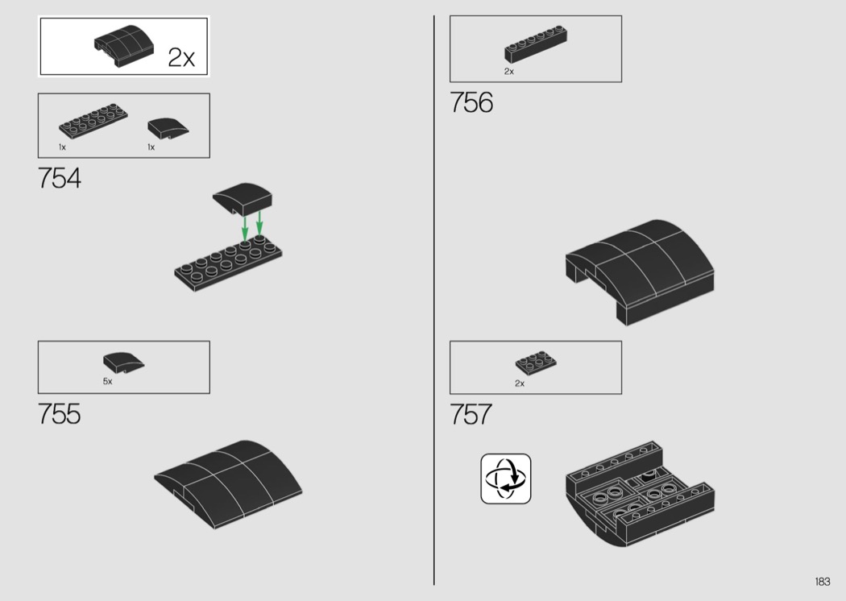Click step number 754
tap(60, 178)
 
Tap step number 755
tap(60, 414)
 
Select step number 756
tap(471, 102)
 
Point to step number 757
tap(471, 414)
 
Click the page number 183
tap(823, 582)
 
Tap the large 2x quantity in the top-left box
tap(181, 57)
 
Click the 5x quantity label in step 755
tap(107, 381)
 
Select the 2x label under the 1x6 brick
tap(508, 71)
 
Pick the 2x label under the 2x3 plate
tap(520, 383)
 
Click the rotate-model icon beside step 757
tap(505, 479)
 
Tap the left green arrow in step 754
tap(244, 228)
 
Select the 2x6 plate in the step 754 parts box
tap(93, 118)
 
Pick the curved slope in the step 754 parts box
tap(168, 128)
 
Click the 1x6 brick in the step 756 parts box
tap(536, 44)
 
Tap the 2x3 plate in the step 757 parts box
tap(536, 363)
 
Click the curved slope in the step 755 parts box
tap(123, 363)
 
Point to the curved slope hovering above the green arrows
tap(243, 198)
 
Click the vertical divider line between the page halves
tap(433, 300)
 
